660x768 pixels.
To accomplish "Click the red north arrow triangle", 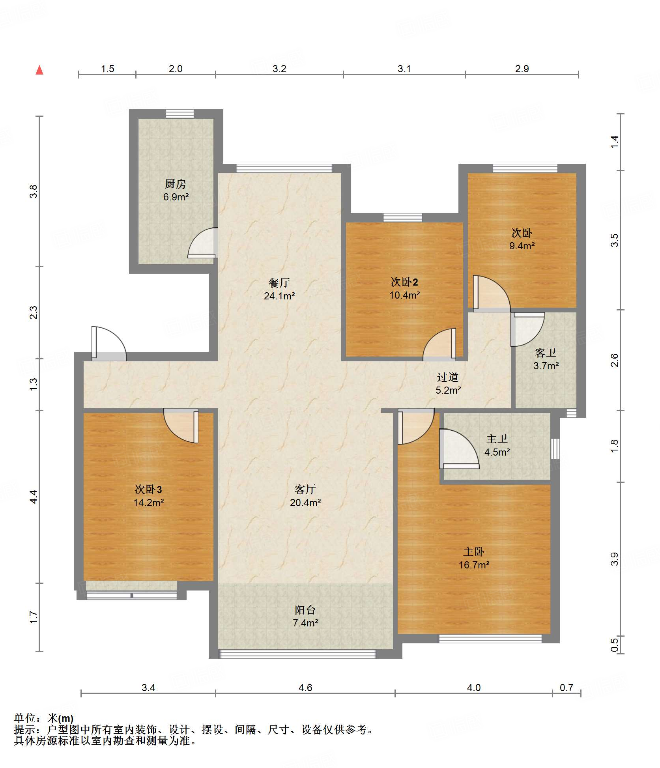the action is click(x=39, y=70).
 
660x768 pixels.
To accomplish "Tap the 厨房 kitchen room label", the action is click(x=175, y=184).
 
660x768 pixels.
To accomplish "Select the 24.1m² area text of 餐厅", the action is click(x=279, y=296).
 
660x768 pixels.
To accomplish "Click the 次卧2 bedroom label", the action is click(x=404, y=282).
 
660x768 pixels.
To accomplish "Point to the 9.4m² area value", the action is click(x=522, y=246).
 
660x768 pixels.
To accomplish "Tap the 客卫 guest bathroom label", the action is click(x=546, y=353).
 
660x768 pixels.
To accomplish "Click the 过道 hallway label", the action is click(x=448, y=377).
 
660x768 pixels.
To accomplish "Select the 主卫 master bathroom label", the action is click(x=497, y=439).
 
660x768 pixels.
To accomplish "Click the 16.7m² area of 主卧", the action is click(x=474, y=565).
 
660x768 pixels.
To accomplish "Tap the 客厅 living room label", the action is click(x=305, y=490).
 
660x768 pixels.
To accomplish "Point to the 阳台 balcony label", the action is click(x=305, y=610).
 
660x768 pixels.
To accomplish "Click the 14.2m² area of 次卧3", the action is click(x=148, y=503).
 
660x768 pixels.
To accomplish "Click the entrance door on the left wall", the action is click(x=109, y=344).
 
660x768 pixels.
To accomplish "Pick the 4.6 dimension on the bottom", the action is click(x=305, y=688).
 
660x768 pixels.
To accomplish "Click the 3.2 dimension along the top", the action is click(x=279, y=69).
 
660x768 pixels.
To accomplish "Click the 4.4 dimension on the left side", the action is click(x=34, y=497).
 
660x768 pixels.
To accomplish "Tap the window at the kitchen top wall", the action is click(x=180, y=114).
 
